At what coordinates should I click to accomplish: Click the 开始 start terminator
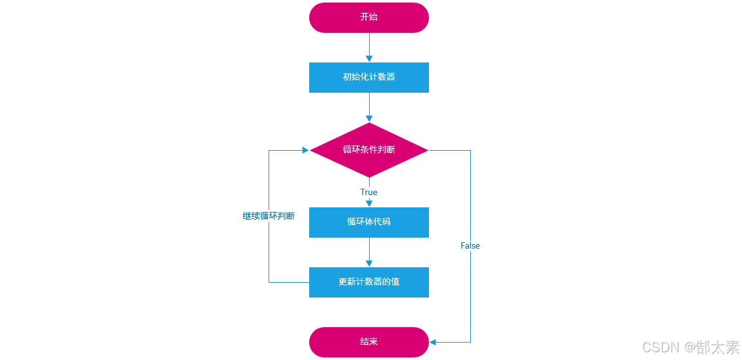368,17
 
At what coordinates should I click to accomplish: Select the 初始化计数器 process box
368,77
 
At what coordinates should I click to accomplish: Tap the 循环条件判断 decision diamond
368,150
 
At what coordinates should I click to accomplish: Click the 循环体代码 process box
368,222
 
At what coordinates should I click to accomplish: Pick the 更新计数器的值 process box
368,282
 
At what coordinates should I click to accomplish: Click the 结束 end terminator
368,342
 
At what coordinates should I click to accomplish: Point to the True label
368,193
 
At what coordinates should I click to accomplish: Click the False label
470,246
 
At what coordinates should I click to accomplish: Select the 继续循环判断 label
269,216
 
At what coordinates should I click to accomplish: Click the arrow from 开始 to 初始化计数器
369,47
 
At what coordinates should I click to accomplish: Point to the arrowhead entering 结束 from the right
433,342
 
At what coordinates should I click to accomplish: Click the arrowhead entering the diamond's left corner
305,150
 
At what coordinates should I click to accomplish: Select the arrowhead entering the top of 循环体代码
369,204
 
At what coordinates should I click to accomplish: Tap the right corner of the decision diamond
428,150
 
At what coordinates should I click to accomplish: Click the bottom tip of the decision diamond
369,177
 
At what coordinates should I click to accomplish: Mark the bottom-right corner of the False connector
470,342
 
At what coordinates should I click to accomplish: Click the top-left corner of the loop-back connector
269,150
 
